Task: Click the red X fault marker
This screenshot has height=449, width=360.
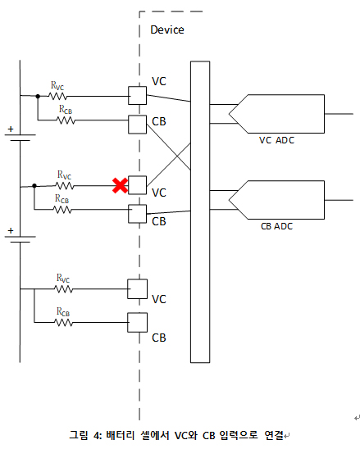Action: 120,185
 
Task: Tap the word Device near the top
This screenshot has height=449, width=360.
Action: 167,29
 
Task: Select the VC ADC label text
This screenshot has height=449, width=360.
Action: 276,140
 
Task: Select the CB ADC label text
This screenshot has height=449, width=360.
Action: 276,226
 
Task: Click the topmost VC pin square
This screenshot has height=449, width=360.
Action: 137,96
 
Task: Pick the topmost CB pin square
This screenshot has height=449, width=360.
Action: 137,125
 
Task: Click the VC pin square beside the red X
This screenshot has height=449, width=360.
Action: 137,185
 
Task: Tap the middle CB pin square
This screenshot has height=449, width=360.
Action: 137,214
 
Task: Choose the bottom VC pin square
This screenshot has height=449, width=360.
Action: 137,289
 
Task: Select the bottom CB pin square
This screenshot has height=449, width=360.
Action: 137,323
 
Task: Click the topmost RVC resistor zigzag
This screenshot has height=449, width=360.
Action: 58,96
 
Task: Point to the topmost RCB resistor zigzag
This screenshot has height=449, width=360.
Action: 66,120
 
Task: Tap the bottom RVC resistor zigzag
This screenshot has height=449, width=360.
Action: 64,289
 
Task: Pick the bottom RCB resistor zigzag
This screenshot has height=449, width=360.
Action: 64,323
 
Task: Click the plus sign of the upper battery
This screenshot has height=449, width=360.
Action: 11,129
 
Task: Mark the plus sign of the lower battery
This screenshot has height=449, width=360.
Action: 11,230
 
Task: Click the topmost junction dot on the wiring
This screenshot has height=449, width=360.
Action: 38,96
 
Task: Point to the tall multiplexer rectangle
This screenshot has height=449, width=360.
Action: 200,212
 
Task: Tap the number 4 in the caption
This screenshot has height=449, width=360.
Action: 97,436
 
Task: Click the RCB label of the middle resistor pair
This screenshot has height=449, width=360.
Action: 62,198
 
